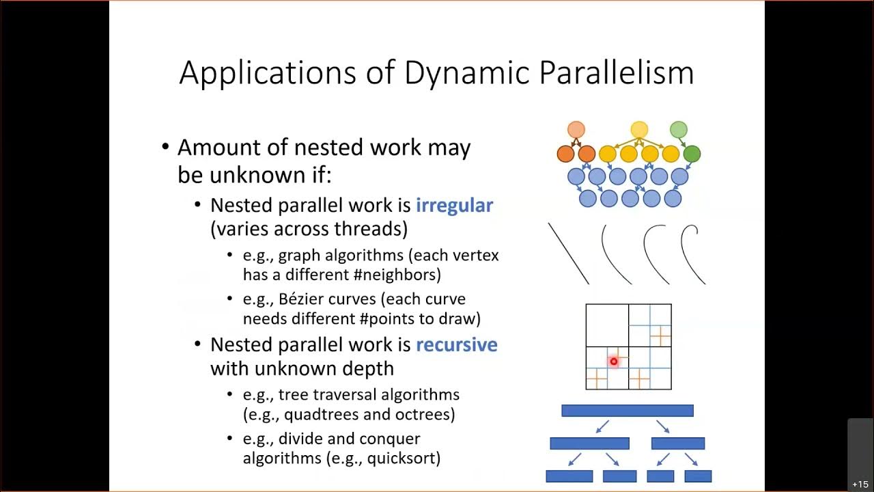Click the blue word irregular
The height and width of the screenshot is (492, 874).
coord(454,206)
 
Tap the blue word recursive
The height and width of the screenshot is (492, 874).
coord(456,344)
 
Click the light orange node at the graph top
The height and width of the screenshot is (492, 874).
coord(576,129)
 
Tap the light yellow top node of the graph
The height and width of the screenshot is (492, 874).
coord(639,129)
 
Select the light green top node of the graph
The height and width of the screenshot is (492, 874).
coord(678,129)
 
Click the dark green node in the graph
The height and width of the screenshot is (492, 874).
coord(692,154)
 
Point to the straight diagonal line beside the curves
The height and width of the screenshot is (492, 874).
coord(568,254)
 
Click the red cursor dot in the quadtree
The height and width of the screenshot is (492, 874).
coord(613,361)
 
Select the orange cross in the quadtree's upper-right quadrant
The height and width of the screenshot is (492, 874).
coord(660,336)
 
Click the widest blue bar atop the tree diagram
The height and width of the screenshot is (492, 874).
coord(627,411)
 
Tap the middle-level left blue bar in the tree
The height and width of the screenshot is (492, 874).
coord(589,443)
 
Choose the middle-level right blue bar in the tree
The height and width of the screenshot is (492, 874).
coord(677,443)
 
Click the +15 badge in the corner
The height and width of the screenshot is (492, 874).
coord(860,484)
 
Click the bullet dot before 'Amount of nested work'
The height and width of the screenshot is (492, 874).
coord(165,148)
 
